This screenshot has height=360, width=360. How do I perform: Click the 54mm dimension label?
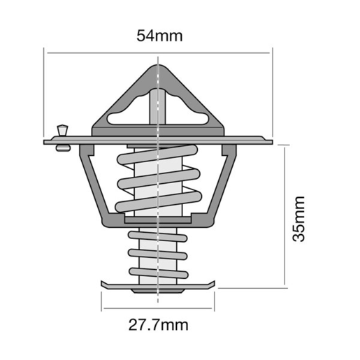[158, 35]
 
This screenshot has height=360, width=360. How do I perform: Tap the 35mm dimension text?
[299, 218]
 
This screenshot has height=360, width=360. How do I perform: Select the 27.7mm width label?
[159, 324]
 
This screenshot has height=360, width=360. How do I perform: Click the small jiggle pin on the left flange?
[63, 130]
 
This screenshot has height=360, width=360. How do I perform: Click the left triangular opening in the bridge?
[130, 112]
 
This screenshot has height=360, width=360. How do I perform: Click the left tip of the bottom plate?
[104, 284]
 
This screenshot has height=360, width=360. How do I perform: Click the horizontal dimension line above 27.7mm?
[159, 308]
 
